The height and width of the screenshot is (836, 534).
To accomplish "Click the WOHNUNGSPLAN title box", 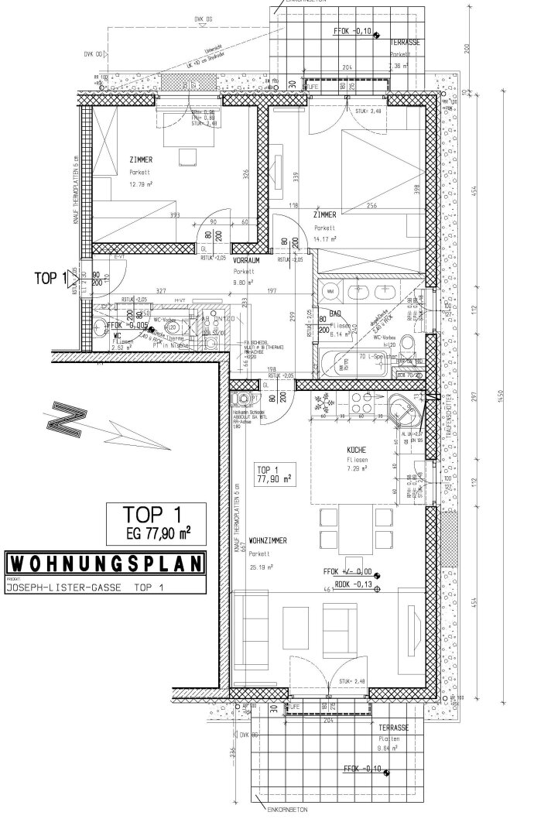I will click(x=104, y=563).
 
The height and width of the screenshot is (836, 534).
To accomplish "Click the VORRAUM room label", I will click(x=245, y=262).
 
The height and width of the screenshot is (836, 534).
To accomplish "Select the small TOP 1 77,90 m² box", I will click(x=272, y=475).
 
